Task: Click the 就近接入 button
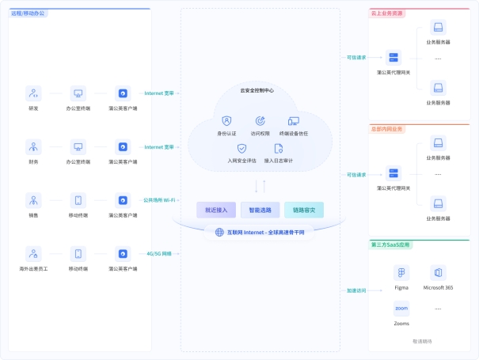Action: (x=216, y=210)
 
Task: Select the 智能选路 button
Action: (x=260, y=210)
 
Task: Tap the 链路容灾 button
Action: (x=304, y=210)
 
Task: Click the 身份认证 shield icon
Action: (x=226, y=121)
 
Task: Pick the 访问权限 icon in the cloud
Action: (x=260, y=121)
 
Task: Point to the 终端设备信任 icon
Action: (x=294, y=121)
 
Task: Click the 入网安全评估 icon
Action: (x=242, y=148)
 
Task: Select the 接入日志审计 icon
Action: (x=278, y=148)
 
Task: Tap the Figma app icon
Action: (x=401, y=273)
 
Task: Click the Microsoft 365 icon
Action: (x=438, y=273)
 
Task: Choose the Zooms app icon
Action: (x=401, y=309)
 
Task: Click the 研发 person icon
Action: (x=33, y=93)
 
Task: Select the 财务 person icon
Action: (x=33, y=147)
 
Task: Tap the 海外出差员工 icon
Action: (x=33, y=254)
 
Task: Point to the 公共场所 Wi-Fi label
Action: (x=158, y=200)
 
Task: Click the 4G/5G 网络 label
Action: (x=158, y=254)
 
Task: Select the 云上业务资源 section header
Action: (x=386, y=13)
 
